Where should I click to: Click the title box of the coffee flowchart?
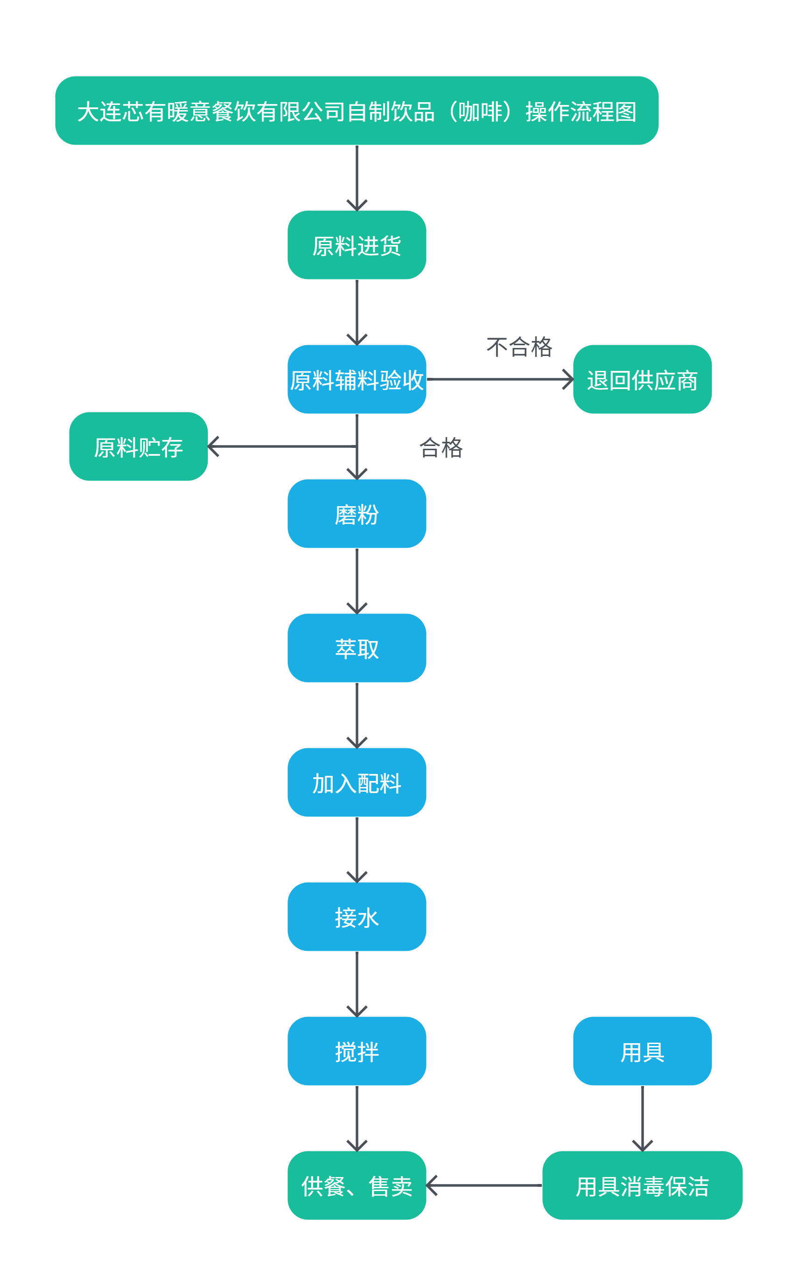pos(357,111)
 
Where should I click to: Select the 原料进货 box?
pos(357,245)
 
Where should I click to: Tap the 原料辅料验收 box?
pos(357,379)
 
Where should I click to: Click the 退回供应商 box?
pos(642,379)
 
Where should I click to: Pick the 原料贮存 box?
pos(138,446)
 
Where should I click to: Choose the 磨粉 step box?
pos(357,514)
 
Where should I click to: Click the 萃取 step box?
pos(357,648)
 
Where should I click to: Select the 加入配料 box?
pos(357,782)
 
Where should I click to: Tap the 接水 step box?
pos(357,917)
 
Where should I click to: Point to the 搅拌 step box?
pos(357,1051)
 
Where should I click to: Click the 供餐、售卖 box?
pos(357,1185)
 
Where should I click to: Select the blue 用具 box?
pos(642,1051)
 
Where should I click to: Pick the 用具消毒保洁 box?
pos(642,1185)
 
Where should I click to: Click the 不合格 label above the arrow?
pos(519,347)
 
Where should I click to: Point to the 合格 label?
pos(441,447)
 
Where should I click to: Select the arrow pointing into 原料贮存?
pos(282,446)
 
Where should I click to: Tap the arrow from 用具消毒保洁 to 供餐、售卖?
pos(484,1185)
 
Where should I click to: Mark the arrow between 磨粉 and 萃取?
pos(357,580)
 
